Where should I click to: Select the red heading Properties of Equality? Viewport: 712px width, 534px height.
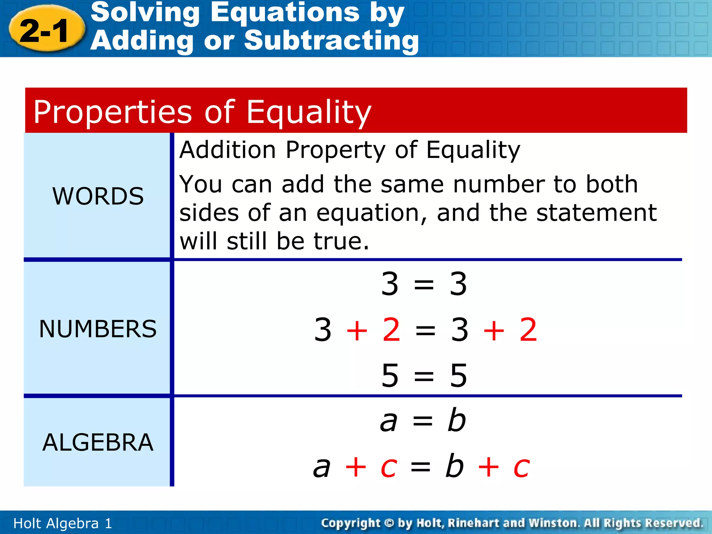202,112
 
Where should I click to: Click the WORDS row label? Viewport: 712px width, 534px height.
98,196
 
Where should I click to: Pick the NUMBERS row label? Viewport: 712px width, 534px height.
98,329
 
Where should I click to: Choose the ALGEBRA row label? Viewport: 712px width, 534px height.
98,443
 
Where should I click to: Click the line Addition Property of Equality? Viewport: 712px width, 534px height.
349,150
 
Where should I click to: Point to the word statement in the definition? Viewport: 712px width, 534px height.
596,213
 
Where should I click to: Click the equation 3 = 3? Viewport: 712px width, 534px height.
424,284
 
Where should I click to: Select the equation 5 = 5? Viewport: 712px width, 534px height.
424,375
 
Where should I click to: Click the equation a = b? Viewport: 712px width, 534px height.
423,421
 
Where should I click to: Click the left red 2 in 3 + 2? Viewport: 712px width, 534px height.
391,330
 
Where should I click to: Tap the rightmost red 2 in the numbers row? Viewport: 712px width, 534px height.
528,330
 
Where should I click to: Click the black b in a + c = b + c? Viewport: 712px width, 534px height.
454,466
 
